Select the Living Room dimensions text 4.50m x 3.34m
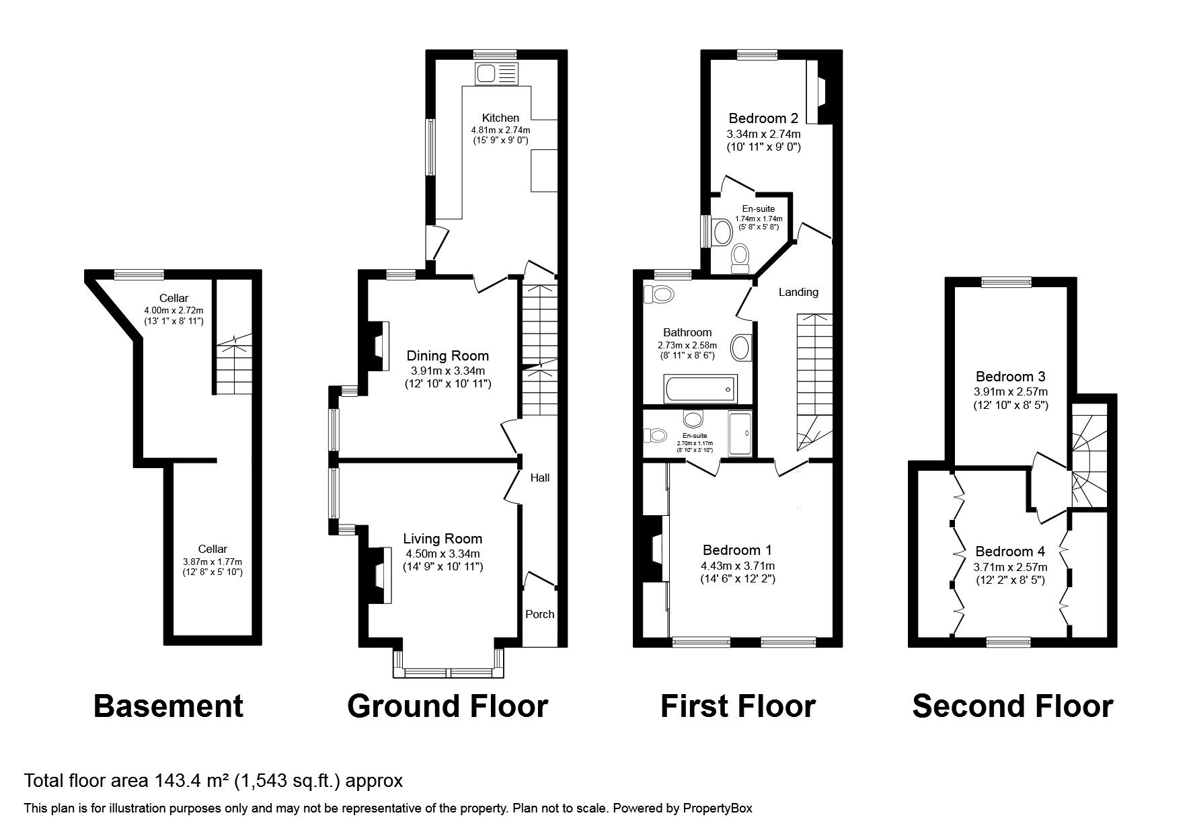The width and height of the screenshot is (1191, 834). pyautogui.click(x=443, y=554)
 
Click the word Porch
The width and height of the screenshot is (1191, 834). pyautogui.click(x=539, y=614)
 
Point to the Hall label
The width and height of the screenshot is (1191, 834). pyautogui.click(x=539, y=478)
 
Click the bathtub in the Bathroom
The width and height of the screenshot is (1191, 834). pyautogui.click(x=699, y=389)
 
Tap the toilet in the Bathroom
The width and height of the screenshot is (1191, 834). pyautogui.click(x=658, y=295)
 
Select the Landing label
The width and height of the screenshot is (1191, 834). pyautogui.click(x=798, y=292)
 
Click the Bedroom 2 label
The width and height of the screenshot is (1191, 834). pyautogui.click(x=763, y=119)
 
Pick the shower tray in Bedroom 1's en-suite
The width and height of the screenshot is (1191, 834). pyautogui.click(x=740, y=434)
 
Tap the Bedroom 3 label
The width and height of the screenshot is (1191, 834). pyautogui.click(x=1011, y=377)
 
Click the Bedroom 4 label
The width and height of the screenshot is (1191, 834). pyautogui.click(x=1009, y=552)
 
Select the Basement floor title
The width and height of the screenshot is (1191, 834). pyautogui.click(x=168, y=706)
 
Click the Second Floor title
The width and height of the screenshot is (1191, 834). pyautogui.click(x=1012, y=706)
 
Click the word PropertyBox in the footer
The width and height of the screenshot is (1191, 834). pyautogui.click(x=715, y=808)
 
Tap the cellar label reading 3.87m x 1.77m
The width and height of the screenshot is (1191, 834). pyautogui.click(x=213, y=562)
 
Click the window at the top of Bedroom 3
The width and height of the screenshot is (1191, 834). pyautogui.click(x=1006, y=282)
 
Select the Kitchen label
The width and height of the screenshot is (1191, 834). pyautogui.click(x=500, y=118)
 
